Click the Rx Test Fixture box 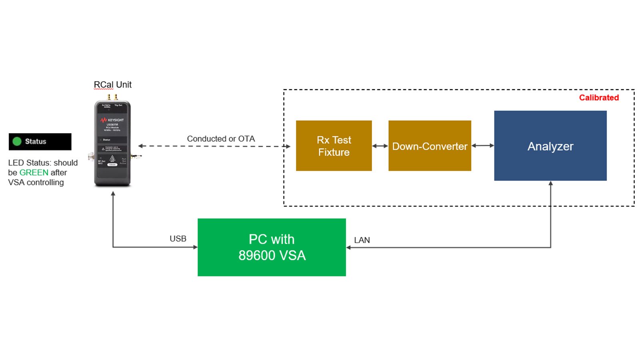point(334,146)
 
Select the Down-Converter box point(430,146)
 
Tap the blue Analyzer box point(550,146)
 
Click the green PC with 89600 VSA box point(272,247)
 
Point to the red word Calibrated point(599,98)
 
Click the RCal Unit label point(112,85)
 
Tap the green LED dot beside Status point(17,141)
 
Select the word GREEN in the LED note point(34,172)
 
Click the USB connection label point(178,239)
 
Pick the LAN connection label point(362,240)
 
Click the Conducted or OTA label point(221,139)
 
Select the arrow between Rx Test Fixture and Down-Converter point(380,146)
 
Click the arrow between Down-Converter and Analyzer point(482,146)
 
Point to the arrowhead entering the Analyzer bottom point(550,184)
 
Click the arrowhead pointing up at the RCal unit point(113,194)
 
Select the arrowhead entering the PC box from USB point(195,247)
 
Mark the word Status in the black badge point(36,141)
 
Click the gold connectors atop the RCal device point(112,97)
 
